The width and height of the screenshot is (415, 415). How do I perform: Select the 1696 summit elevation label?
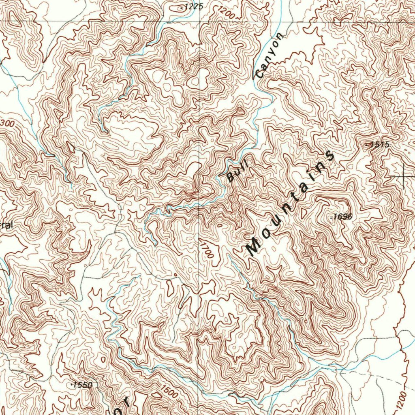343,217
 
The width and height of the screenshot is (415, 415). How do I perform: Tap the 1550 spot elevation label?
83,385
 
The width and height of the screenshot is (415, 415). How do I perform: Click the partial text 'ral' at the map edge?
6,225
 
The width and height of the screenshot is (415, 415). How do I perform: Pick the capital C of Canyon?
260,74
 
